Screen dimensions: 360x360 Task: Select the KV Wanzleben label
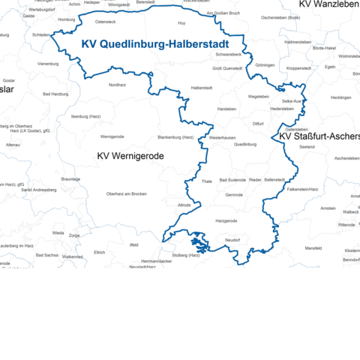click(328, 4)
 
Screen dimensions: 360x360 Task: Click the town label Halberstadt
click(202, 88)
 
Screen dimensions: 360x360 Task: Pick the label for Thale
click(207, 181)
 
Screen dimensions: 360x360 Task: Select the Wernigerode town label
click(112, 137)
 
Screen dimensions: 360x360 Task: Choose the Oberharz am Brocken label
click(126, 194)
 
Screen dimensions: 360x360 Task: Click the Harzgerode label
click(226, 221)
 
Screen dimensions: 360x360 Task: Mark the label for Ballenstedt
click(274, 180)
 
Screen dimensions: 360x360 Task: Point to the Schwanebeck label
click(228, 55)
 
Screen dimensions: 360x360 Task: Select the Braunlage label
click(70, 179)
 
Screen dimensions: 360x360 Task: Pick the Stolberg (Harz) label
click(189, 256)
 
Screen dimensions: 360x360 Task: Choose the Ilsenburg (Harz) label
click(85, 117)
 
